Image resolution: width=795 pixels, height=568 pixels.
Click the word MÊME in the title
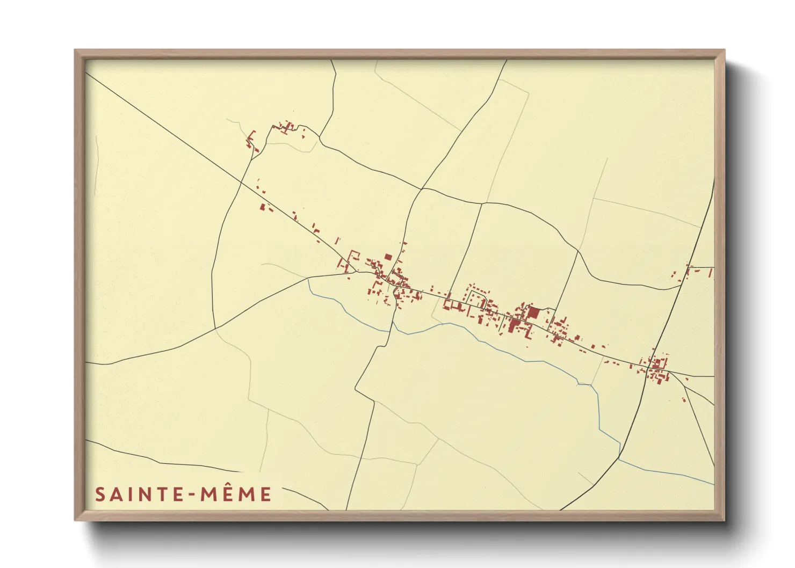coord(236,494)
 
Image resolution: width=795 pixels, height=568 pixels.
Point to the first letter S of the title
coord(100,494)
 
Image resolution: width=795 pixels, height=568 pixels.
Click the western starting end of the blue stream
coord(308,279)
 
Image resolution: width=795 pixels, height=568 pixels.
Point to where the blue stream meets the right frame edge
coord(714,484)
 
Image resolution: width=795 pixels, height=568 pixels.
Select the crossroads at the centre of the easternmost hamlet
coord(651,369)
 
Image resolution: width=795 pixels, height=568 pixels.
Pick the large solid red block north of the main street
coord(532,312)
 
